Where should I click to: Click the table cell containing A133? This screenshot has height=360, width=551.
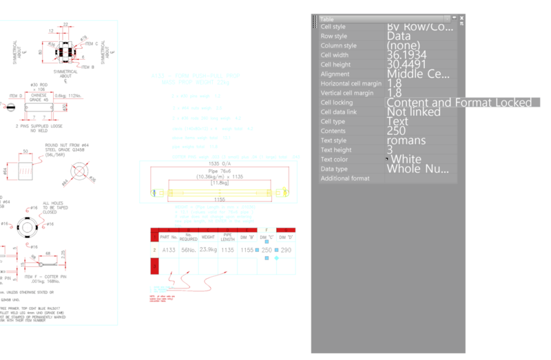click(x=169, y=250)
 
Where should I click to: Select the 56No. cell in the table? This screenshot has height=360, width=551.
click(x=188, y=250)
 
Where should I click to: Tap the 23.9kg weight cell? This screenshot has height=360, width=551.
click(x=209, y=250)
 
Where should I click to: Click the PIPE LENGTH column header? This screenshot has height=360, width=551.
click(x=228, y=237)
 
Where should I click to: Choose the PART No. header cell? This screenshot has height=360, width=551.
click(x=169, y=237)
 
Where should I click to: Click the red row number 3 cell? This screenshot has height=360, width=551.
click(x=154, y=265)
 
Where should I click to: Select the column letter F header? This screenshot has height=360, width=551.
click(x=267, y=229)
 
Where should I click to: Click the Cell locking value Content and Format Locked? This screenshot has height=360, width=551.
click(x=459, y=103)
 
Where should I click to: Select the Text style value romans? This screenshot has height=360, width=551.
click(x=406, y=140)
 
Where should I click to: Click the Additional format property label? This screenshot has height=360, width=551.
click(x=345, y=178)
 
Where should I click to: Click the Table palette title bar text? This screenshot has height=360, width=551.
click(x=327, y=19)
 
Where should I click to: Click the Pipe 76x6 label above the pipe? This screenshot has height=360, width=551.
click(x=217, y=171)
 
